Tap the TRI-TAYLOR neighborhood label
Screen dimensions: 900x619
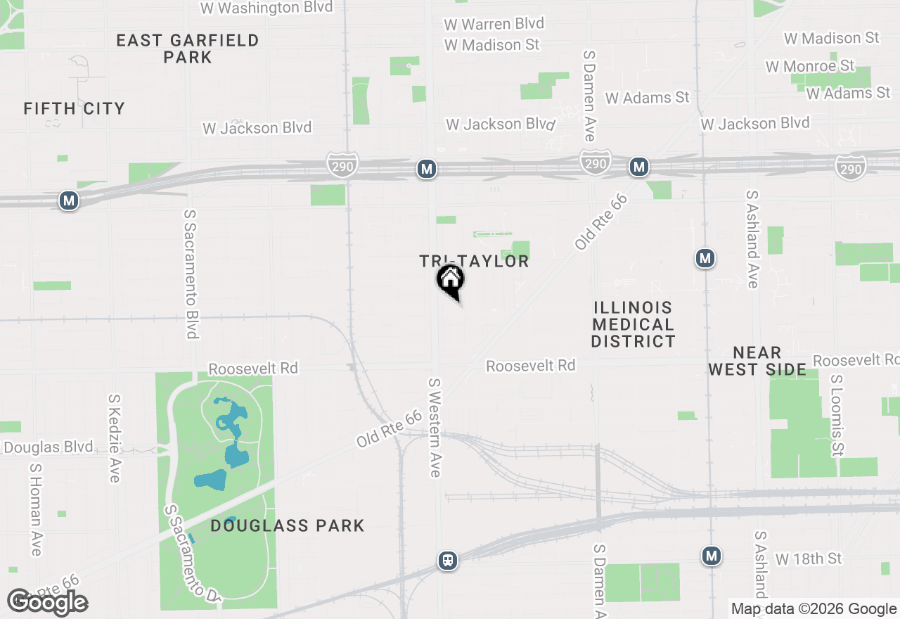coord(474,261)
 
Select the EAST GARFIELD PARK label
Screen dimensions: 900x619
coord(188,49)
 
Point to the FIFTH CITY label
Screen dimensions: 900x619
coord(74,108)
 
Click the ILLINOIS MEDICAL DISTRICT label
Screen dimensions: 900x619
coord(633,324)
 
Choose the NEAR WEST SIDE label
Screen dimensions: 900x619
coord(757,361)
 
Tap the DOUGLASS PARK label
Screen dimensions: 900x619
coord(288,525)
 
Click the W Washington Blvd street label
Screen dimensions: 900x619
coord(266,8)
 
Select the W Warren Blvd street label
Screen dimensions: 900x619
coord(494,24)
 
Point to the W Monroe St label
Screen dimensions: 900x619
coord(810,66)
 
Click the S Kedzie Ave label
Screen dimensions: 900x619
coord(114,438)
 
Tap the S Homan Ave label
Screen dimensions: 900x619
coord(35,509)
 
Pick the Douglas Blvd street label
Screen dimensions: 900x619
coord(48,447)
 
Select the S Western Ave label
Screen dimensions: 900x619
coord(435,427)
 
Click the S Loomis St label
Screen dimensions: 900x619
coord(837,415)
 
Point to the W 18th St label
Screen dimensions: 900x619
coord(809,559)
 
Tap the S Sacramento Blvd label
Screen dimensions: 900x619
coord(191,274)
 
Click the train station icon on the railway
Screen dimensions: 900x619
coord(447,561)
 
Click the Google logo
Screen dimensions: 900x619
coord(47,602)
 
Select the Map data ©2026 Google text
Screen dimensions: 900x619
coord(814,609)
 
